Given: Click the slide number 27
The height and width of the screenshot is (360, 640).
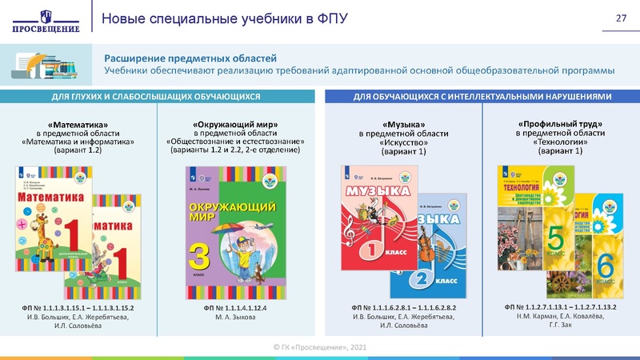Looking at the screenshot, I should click(x=620, y=19).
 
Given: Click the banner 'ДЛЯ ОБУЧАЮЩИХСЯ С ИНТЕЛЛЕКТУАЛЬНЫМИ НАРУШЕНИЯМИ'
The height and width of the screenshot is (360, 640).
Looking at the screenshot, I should click(x=482, y=96).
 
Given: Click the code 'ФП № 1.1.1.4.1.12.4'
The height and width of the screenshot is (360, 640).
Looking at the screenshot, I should click(x=234, y=307).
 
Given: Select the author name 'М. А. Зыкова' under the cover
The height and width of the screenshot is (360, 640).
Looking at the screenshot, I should click(x=234, y=317).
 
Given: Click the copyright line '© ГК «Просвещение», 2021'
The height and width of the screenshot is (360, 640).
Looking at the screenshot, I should click(x=319, y=346).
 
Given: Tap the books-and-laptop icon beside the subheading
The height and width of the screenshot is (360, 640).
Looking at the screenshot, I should click(x=50, y=63).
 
